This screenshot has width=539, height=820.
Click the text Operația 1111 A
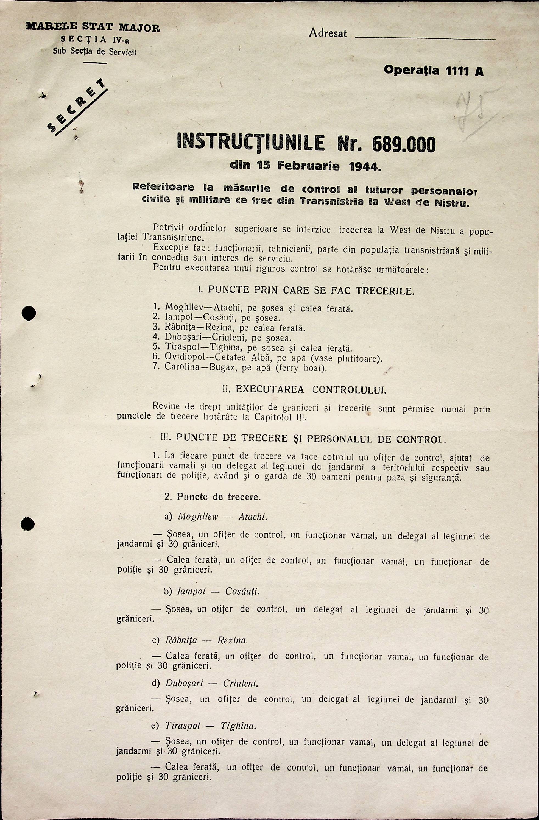coord(433,71)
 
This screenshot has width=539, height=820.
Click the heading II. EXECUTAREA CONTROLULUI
coord(305,390)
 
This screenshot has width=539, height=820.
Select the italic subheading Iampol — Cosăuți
coord(218,591)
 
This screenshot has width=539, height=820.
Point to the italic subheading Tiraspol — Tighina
coord(210,726)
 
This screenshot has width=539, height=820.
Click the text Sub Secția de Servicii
coord(94,52)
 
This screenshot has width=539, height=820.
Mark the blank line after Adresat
coord(425,39)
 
